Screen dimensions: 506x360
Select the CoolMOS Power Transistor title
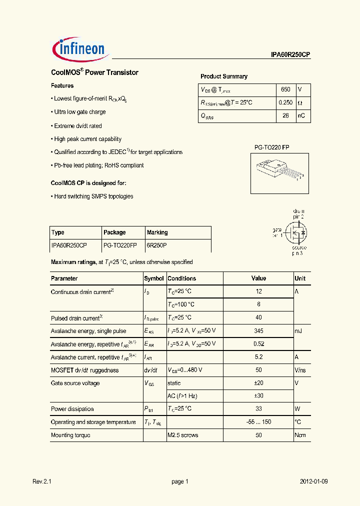click(94, 72)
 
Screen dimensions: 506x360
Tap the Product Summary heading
click(223, 76)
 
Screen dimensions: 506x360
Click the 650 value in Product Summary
click(285, 89)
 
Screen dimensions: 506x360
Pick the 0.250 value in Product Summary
click(285, 103)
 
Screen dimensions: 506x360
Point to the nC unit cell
click(301, 116)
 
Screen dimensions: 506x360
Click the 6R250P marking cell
click(156, 245)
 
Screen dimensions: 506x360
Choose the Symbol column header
click(153, 278)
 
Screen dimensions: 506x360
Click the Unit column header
click(300, 278)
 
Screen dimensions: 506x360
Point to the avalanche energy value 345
click(258, 331)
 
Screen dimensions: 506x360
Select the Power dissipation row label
click(72, 409)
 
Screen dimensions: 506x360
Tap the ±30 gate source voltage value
click(258, 396)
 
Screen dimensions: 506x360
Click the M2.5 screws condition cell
click(182, 435)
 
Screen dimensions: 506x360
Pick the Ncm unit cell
click(300, 435)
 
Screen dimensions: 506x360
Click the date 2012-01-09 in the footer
click(314, 481)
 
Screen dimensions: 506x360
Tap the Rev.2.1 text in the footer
click(42, 481)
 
